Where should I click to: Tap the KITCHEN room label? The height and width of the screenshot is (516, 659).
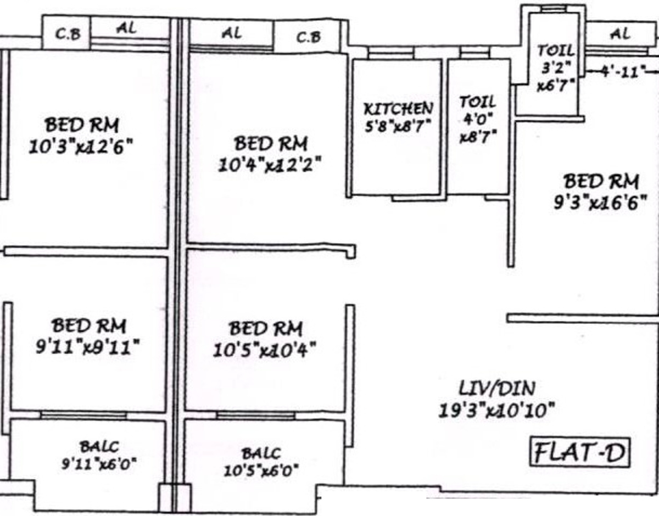pos(398,108)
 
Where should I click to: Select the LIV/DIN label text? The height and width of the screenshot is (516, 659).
pos(497,389)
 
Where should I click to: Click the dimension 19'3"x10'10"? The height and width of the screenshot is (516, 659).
pos(497,410)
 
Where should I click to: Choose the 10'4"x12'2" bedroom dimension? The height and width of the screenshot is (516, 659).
pos(270,164)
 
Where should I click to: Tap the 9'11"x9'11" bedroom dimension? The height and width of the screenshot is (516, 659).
pos(88,346)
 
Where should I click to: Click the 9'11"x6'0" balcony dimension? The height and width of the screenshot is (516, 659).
pos(99,464)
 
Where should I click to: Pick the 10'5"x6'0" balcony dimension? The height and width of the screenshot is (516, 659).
pos(261,471)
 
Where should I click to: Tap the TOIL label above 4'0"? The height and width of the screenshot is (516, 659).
pos(477,102)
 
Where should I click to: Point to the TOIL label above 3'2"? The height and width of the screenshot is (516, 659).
pos(555,51)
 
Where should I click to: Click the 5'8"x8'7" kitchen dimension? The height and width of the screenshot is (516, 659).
pos(398,125)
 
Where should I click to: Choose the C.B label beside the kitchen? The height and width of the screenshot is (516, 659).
pos(309,37)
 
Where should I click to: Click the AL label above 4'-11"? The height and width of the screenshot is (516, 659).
pos(620,34)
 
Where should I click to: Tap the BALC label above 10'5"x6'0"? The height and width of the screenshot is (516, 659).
pos(261,454)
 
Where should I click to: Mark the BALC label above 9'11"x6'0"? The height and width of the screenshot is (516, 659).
pos(99,446)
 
